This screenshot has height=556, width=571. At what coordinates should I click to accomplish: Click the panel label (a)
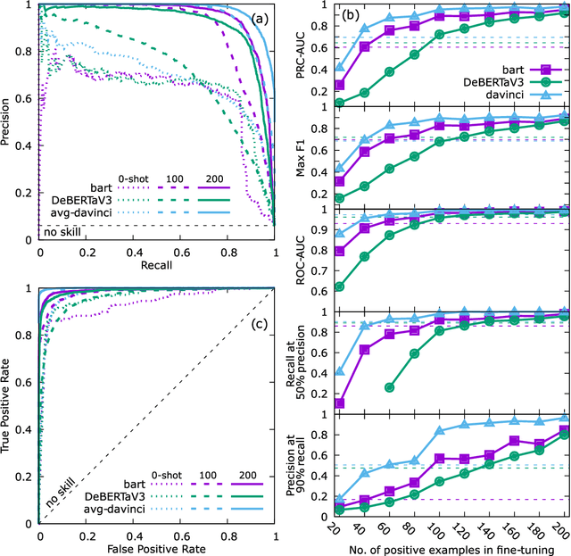coord(256,19)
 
